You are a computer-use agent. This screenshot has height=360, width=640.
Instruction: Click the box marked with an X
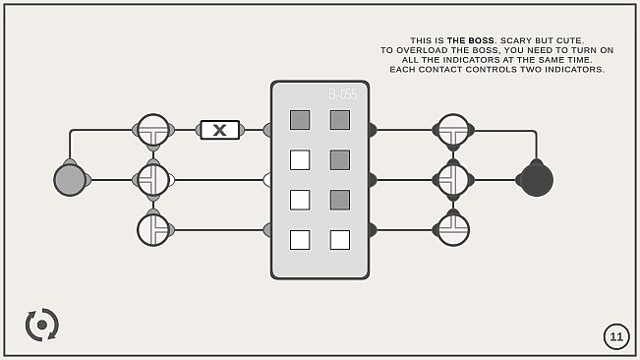219,130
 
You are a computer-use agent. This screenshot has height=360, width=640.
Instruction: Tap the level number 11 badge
616,336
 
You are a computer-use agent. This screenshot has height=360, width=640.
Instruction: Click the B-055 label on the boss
342,95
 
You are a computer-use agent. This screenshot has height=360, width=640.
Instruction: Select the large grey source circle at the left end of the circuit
70,180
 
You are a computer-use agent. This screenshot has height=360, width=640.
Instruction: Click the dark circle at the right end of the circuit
536,180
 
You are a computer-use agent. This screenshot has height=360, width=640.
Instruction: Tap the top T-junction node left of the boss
153,130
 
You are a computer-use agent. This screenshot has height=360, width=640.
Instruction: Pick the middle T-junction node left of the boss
153,180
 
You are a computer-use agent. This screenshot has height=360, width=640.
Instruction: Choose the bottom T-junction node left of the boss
153,230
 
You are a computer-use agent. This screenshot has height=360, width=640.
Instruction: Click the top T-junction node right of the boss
453,130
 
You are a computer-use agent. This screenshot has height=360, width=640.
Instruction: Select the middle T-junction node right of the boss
453,180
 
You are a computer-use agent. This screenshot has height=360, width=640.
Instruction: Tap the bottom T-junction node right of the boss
453,230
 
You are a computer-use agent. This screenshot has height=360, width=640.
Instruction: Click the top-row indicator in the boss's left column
300,120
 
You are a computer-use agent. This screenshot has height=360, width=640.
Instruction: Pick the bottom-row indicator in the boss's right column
340,240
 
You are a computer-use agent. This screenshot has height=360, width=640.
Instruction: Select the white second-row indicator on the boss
300,159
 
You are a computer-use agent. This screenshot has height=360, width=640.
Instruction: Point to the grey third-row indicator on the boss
340,200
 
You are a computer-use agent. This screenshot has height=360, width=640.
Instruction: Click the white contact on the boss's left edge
267,180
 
